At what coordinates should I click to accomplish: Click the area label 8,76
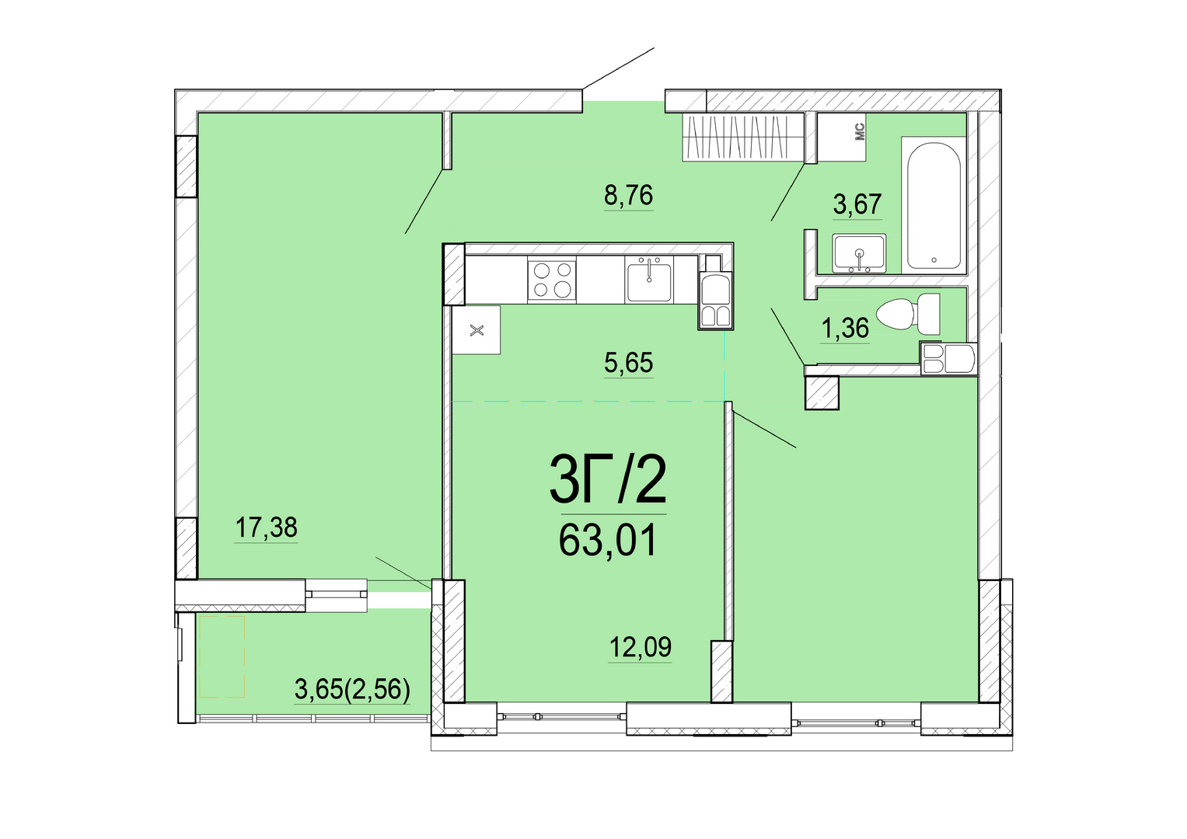tap(628, 196)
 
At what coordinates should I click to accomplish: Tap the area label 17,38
tap(266, 527)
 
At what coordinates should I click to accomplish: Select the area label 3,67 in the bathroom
tap(857, 204)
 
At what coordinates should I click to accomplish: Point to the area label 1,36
tap(845, 329)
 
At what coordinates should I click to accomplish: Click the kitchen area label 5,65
tap(628, 363)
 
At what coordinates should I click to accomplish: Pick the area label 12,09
tap(641, 646)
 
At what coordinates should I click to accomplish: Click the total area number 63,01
tap(608, 540)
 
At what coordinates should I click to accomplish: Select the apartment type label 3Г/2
tap(609, 480)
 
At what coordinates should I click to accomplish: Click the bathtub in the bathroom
tap(933, 206)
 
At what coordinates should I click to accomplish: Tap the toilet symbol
tap(908, 314)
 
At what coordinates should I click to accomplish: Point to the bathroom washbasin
tap(859, 253)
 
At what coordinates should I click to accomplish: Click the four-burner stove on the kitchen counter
tap(552, 280)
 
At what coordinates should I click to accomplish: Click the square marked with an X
tap(477, 330)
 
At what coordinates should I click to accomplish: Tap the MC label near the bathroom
tap(860, 131)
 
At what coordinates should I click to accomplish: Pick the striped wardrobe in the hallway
tap(743, 137)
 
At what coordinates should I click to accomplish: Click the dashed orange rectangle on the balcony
tap(222, 656)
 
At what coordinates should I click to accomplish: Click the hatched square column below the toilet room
tap(822, 392)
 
